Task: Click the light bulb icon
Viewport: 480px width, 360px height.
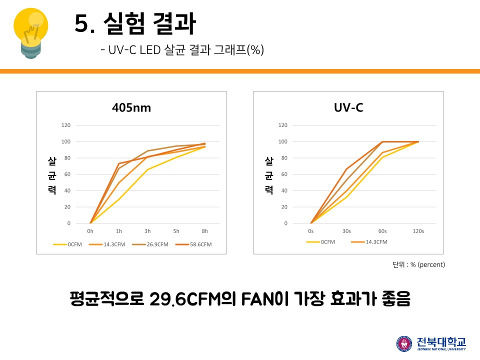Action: [31, 31]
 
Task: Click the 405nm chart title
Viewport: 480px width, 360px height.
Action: [131, 107]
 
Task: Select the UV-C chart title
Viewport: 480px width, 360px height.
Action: [348, 107]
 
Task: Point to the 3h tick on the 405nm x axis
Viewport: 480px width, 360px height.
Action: [147, 231]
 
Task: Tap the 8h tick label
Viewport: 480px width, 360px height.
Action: [204, 231]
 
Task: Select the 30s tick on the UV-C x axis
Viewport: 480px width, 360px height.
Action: [346, 231]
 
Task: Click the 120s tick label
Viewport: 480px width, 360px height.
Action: [418, 231]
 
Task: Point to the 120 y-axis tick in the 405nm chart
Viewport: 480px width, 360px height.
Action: [66, 125]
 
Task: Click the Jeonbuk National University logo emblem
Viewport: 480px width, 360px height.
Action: [404, 343]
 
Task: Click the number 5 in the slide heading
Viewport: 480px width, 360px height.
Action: [81, 24]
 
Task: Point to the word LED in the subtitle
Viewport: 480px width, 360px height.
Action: [149, 50]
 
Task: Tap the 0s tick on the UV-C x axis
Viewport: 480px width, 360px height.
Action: [311, 231]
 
